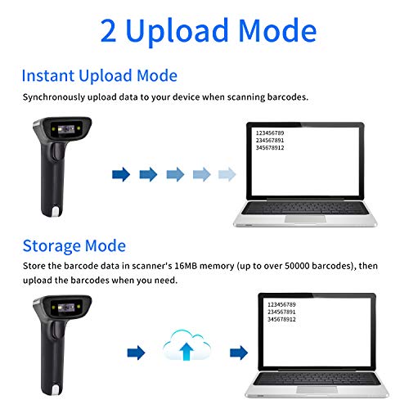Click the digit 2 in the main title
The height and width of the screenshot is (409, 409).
[x=110, y=31]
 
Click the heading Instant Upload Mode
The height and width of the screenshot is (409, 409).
[x=99, y=76]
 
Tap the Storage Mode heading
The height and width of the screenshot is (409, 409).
[x=74, y=245]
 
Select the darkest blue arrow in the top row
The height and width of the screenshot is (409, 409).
[x=121, y=174]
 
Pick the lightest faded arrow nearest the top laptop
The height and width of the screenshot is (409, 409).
[x=227, y=174]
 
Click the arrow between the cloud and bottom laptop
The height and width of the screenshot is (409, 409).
[x=238, y=352]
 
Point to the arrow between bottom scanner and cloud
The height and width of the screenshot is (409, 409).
[x=136, y=352]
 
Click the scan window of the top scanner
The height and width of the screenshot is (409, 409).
[x=69, y=129]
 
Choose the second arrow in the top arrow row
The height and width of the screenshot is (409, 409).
[x=148, y=174]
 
